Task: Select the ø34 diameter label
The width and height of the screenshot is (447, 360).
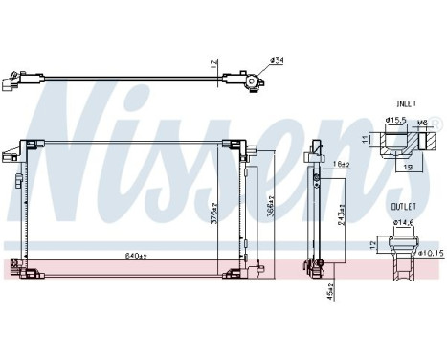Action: [x=277, y=60]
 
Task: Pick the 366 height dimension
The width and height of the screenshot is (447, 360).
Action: [x=271, y=205]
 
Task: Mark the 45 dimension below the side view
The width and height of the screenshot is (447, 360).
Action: [x=330, y=288]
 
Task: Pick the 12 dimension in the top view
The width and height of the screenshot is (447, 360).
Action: [x=212, y=64]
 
